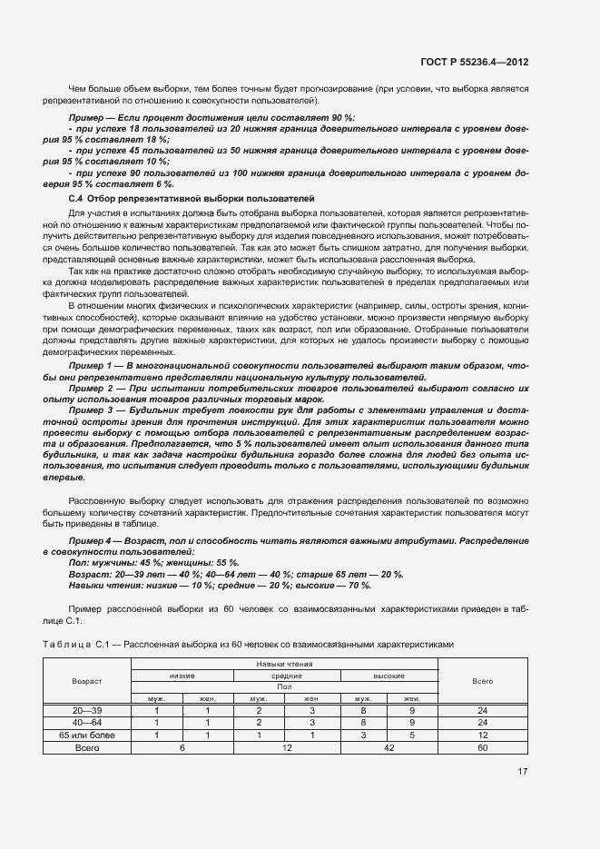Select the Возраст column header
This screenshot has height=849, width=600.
tap(87, 680)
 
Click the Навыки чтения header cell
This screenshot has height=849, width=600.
tap(285, 665)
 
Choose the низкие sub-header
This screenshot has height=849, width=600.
tap(182, 676)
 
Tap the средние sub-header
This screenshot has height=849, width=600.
tap(285, 676)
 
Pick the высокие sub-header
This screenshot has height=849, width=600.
tap(388, 676)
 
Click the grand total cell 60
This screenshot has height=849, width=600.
tap(483, 747)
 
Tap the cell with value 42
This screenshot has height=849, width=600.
tap(388, 747)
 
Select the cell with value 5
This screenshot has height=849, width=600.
tap(413, 735)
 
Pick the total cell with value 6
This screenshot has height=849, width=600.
tap(182, 747)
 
